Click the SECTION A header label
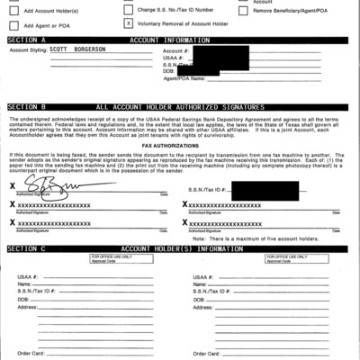coord(26,41)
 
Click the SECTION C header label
coord(26,247)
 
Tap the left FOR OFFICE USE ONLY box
coord(116,258)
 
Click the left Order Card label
coord(31,354)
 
